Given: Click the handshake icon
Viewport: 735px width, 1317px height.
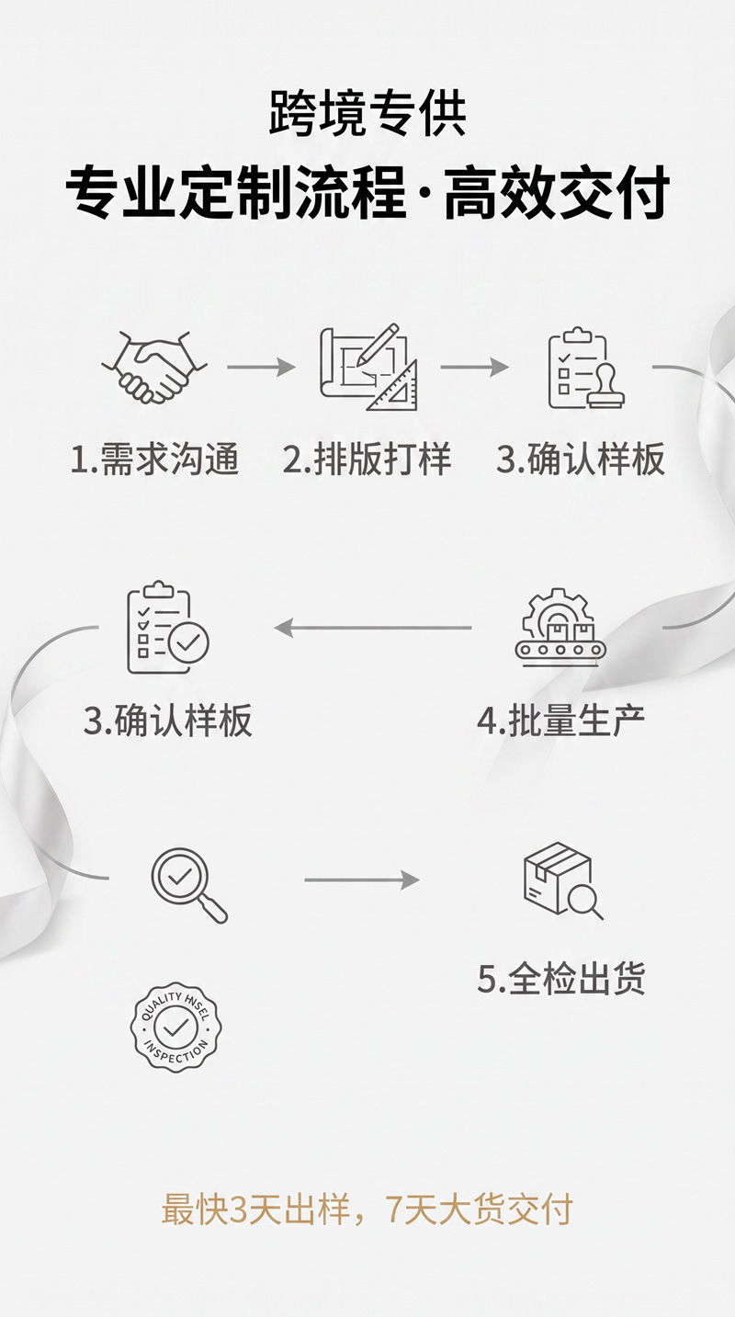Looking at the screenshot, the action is (154, 367).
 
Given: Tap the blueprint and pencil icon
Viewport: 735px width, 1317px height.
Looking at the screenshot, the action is (368, 367).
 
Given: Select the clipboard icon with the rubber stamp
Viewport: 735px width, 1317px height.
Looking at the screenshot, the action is (586, 368).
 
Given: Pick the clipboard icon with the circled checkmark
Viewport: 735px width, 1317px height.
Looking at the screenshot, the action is (168, 628).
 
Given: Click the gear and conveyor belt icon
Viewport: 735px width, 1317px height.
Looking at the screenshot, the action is (560, 627).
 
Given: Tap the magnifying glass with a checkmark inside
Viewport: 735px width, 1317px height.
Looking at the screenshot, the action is (189, 885).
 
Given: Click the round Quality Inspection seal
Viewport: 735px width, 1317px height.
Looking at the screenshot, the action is (175, 1027).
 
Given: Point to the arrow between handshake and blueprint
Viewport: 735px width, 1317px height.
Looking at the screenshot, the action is (261, 368).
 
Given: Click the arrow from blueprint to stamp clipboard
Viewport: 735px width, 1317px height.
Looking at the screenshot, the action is (474, 368).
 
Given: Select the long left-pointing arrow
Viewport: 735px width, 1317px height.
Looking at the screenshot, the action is (373, 628).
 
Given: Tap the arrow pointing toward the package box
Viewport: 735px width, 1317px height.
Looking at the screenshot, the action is (362, 880).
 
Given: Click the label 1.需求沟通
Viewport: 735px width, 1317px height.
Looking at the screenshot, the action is (154, 460).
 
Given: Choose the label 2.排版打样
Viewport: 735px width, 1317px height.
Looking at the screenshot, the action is (367, 460).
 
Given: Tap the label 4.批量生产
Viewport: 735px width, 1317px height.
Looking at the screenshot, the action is (560, 721).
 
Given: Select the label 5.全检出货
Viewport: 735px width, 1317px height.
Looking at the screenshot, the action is (561, 979).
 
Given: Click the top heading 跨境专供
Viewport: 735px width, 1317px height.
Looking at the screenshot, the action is (367, 113).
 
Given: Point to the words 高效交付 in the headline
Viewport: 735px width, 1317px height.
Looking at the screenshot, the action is (557, 192).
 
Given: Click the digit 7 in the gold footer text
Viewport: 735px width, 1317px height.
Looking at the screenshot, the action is (394, 1209).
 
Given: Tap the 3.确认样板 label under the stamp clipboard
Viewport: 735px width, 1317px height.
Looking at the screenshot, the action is (581, 460).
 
